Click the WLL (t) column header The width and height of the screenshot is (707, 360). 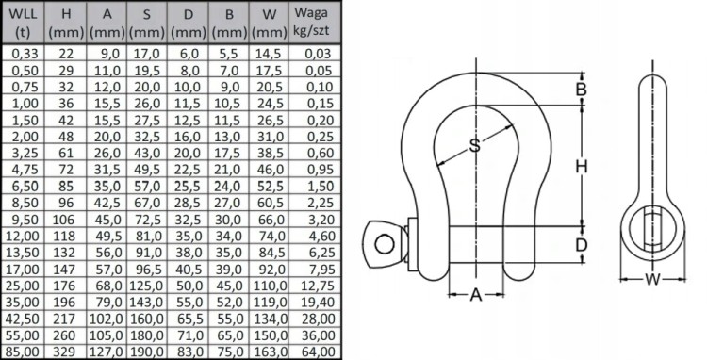click(23, 23)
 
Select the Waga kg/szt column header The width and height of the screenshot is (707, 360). click(311, 22)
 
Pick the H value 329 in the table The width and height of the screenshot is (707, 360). click(66, 352)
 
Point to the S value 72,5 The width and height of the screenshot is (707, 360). click(147, 220)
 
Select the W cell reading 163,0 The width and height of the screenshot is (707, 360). click(270, 352)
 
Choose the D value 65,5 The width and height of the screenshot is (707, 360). click(188, 319)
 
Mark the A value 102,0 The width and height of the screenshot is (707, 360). click(107, 319)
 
